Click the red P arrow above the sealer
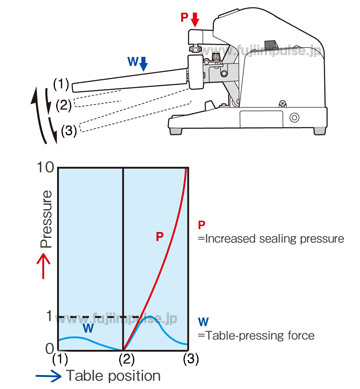coord(195,20)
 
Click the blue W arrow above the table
coord(144,64)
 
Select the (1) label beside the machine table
coord(61,85)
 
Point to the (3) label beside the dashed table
coord(69,131)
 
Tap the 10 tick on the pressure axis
coord(45,167)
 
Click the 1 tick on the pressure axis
coord(50,316)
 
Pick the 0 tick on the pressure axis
coord(49,349)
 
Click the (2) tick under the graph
coord(126,359)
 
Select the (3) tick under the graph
coord(191,359)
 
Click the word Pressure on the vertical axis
coord(46,219)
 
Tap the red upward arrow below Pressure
coord(43,266)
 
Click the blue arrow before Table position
coord(49,376)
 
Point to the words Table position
coord(114,376)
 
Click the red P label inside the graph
coord(160,236)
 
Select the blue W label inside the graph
coord(88,328)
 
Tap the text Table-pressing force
coord(256,335)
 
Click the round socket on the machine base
coord(294,117)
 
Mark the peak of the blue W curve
coord(150,316)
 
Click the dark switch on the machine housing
coord(269,44)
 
